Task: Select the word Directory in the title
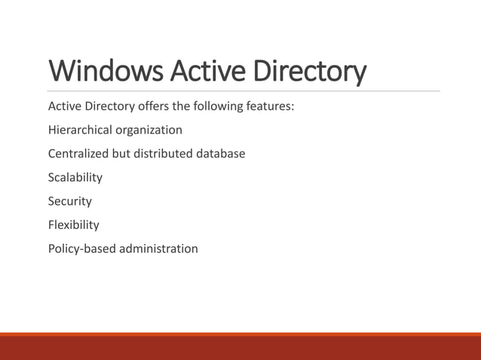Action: (x=310, y=72)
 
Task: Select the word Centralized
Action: (x=78, y=154)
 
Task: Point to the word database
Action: (x=221, y=154)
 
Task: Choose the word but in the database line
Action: (x=121, y=154)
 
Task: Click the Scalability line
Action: (x=75, y=178)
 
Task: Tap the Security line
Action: (x=70, y=201)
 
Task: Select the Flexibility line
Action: (x=74, y=224)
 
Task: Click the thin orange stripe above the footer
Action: (x=240, y=334)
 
